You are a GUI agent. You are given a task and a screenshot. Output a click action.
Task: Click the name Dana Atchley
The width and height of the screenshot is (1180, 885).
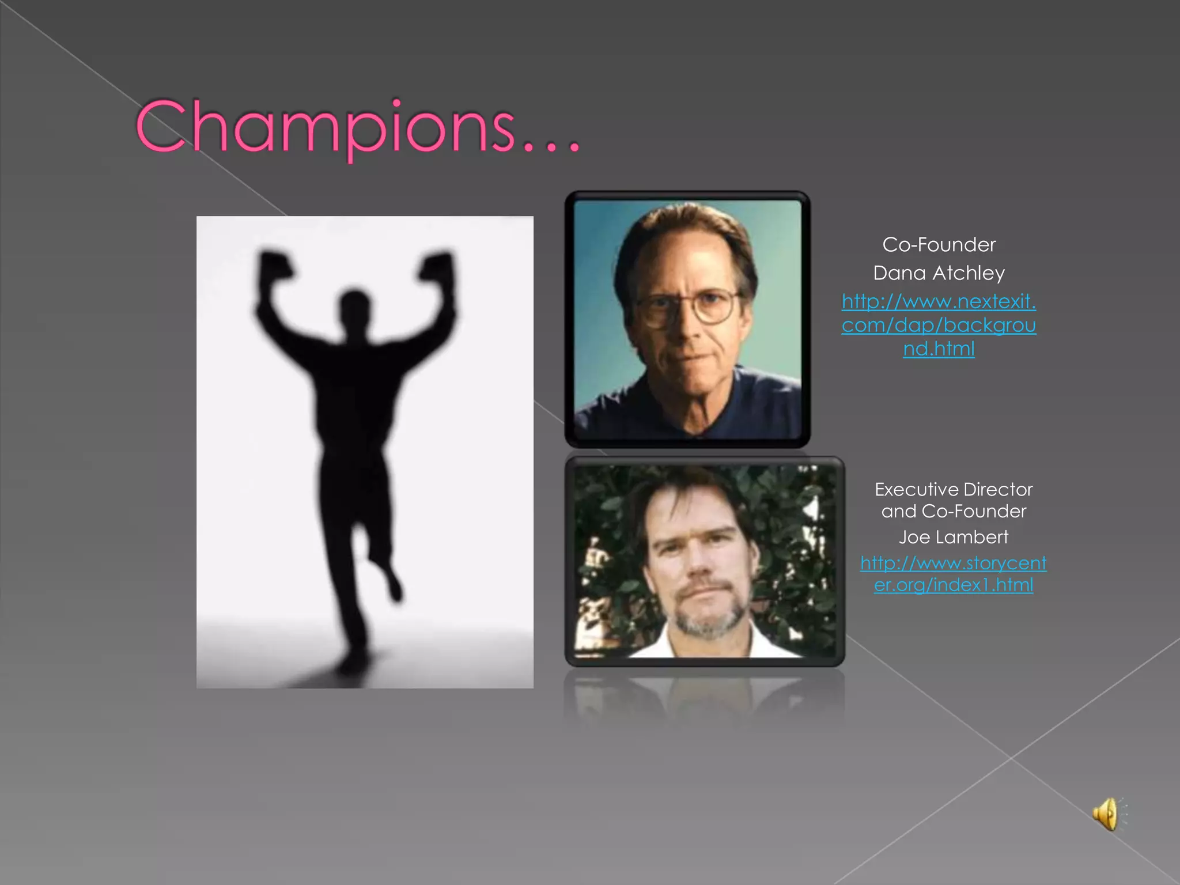tap(939, 273)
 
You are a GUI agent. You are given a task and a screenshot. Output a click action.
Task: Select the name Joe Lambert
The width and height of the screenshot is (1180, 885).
tap(954, 537)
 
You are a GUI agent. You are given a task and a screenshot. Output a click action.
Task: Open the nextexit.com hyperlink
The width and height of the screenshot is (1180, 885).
tap(939, 325)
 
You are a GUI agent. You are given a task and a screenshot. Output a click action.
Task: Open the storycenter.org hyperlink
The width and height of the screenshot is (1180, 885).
tap(954, 574)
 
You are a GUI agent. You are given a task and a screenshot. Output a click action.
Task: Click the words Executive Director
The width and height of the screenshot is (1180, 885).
tap(954, 489)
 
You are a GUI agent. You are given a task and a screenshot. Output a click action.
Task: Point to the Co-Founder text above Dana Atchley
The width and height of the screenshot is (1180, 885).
tap(939, 244)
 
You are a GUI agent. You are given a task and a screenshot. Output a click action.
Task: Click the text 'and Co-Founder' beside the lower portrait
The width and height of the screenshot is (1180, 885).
tap(954, 511)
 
